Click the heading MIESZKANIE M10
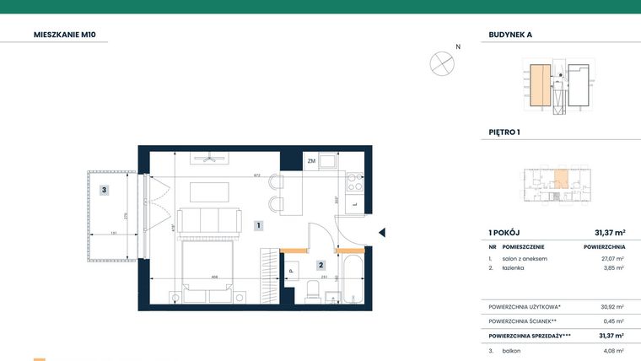pyautogui.click(x=71, y=35)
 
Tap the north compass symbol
pyautogui.click(x=442, y=62)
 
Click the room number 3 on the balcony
pyautogui.click(x=103, y=191)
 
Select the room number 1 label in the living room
pyautogui.click(x=260, y=225)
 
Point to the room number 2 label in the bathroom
pyautogui.click(x=320, y=265)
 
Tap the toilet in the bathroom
pyautogui.click(x=313, y=291)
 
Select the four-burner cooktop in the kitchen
pyautogui.click(x=355, y=183)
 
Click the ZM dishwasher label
pyautogui.click(x=311, y=160)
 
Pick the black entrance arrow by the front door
pyautogui.click(x=381, y=233)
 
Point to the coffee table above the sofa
pyautogui.click(x=208, y=191)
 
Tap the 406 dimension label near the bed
pyautogui.click(x=215, y=276)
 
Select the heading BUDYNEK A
pyautogui.click(x=510, y=35)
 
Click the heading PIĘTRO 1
pyautogui.click(x=505, y=132)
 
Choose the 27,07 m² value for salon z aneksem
pyautogui.click(x=611, y=258)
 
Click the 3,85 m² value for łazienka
pyautogui.click(x=612, y=267)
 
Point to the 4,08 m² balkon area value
pyautogui.click(x=612, y=350)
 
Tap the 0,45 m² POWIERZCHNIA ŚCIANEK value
pyautogui.click(x=612, y=321)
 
